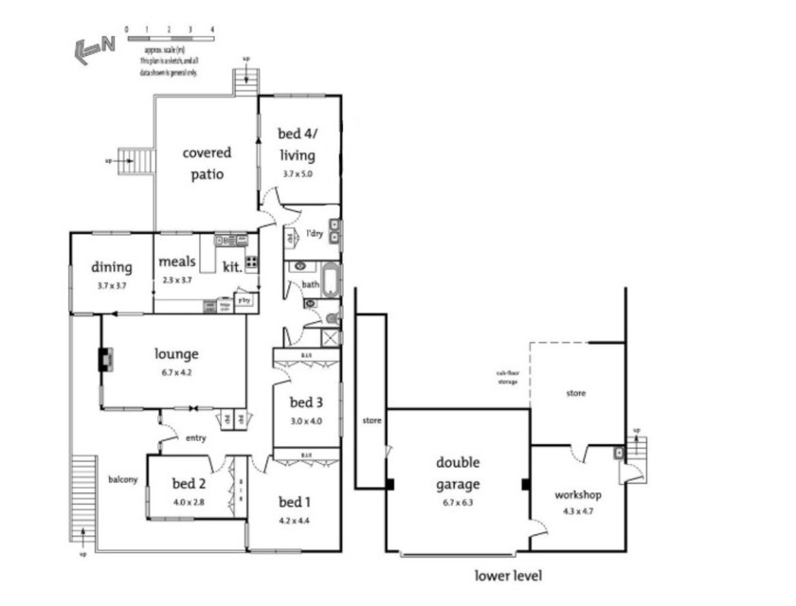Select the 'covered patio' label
click(x=207, y=163)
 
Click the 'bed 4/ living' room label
click(x=296, y=144)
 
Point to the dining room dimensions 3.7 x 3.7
click(x=111, y=285)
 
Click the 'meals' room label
click(x=176, y=262)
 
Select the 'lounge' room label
click(x=176, y=354)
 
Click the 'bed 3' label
click(x=306, y=401)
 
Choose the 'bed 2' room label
click(x=189, y=483)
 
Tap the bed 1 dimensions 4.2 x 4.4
click(x=294, y=520)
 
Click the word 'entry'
click(x=196, y=437)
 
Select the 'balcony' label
click(x=121, y=479)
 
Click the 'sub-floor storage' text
click(x=507, y=378)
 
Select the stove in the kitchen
click(x=252, y=262)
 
